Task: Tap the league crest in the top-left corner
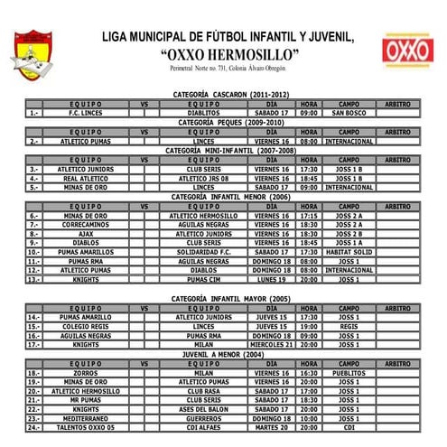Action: pos(33,51)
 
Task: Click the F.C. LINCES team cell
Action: pos(85,113)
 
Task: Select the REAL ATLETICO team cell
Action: pos(85,178)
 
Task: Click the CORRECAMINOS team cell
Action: pos(85,225)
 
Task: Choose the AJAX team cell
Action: pos(85,234)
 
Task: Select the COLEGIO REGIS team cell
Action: pos(85,326)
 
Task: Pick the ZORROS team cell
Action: pos(85,373)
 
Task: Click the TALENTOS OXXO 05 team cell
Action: pos(85,427)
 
